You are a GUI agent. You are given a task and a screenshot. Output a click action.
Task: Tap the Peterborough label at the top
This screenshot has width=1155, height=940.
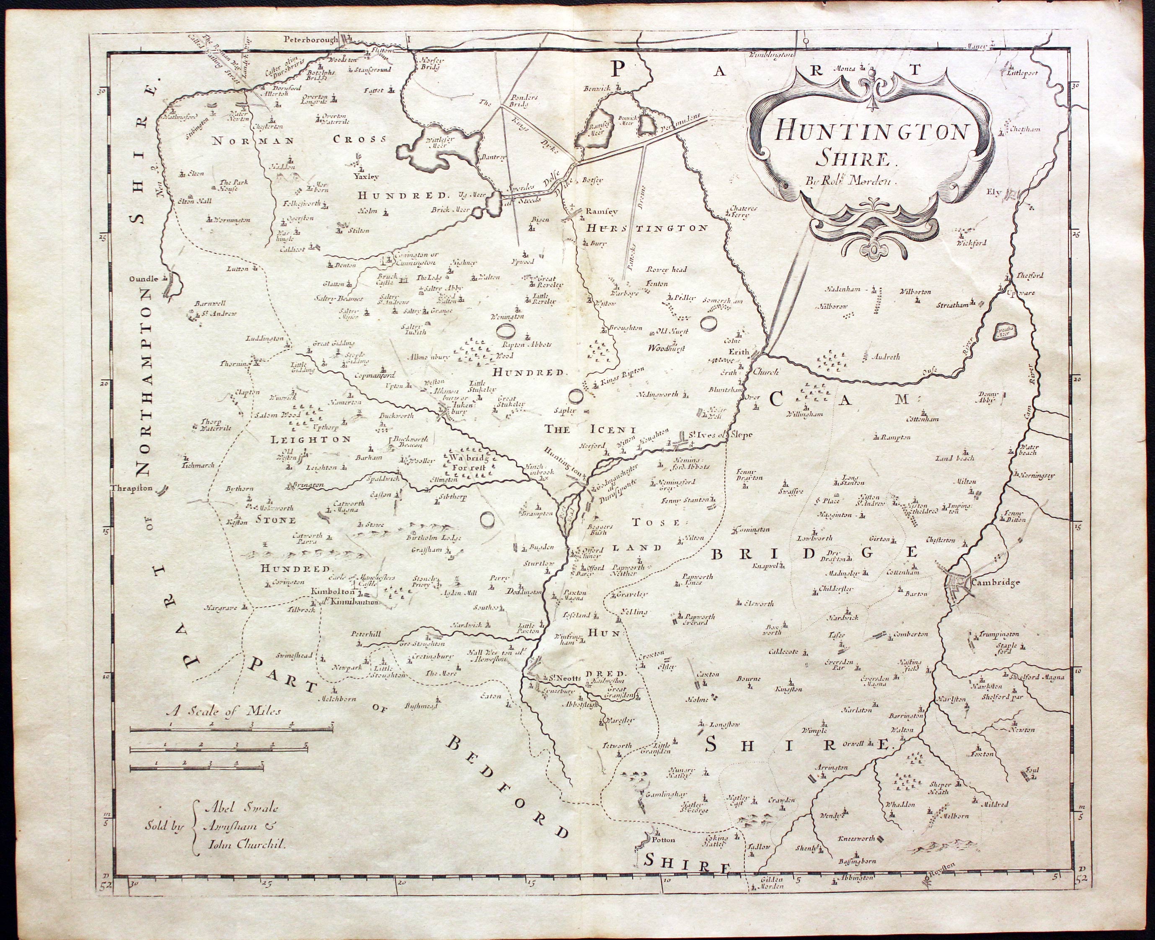click(310, 39)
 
